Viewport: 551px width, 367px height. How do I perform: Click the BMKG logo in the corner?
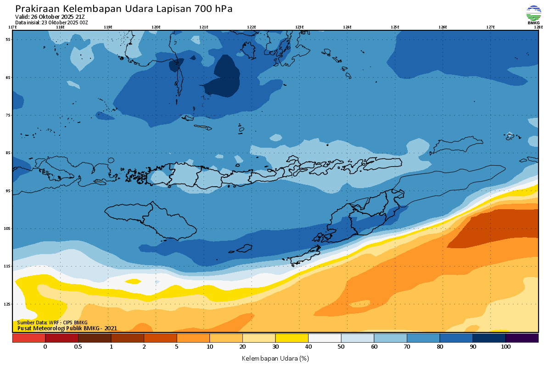(x=534, y=15)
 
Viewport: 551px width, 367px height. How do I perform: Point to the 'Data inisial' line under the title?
(x=51, y=22)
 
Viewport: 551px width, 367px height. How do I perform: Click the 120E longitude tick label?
(x=156, y=27)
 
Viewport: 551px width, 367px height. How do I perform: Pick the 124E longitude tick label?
(x=347, y=27)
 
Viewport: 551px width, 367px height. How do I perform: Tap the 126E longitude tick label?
(x=443, y=27)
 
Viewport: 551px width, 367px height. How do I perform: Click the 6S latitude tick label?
(x=8, y=78)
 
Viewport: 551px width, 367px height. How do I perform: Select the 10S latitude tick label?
(x=8, y=228)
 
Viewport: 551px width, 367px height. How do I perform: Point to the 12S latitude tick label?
(x=8, y=304)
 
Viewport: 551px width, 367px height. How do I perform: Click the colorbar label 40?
(x=308, y=347)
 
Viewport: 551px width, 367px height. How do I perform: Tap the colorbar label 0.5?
(x=78, y=347)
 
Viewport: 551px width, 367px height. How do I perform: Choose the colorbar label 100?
(x=506, y=347)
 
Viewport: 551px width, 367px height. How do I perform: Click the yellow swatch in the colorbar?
(x=292, y=338)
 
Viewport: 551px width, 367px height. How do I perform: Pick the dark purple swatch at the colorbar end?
(x=522, y=338)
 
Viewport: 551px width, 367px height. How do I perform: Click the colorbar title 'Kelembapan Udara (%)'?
(x=275, y=358)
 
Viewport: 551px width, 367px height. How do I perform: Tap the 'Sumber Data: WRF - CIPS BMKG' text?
(x=52, y=323)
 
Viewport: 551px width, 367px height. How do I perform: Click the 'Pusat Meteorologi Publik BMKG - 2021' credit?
(x=67, y=328)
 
